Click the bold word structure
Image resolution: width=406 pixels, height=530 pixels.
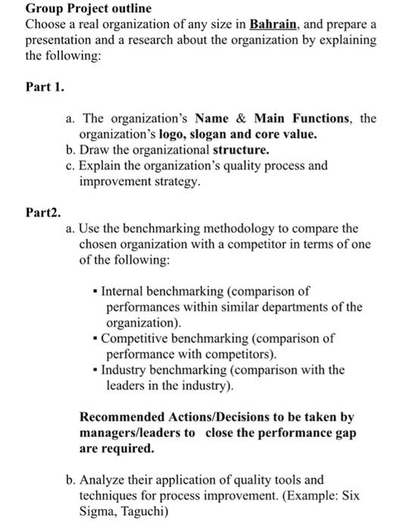point(241,150)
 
